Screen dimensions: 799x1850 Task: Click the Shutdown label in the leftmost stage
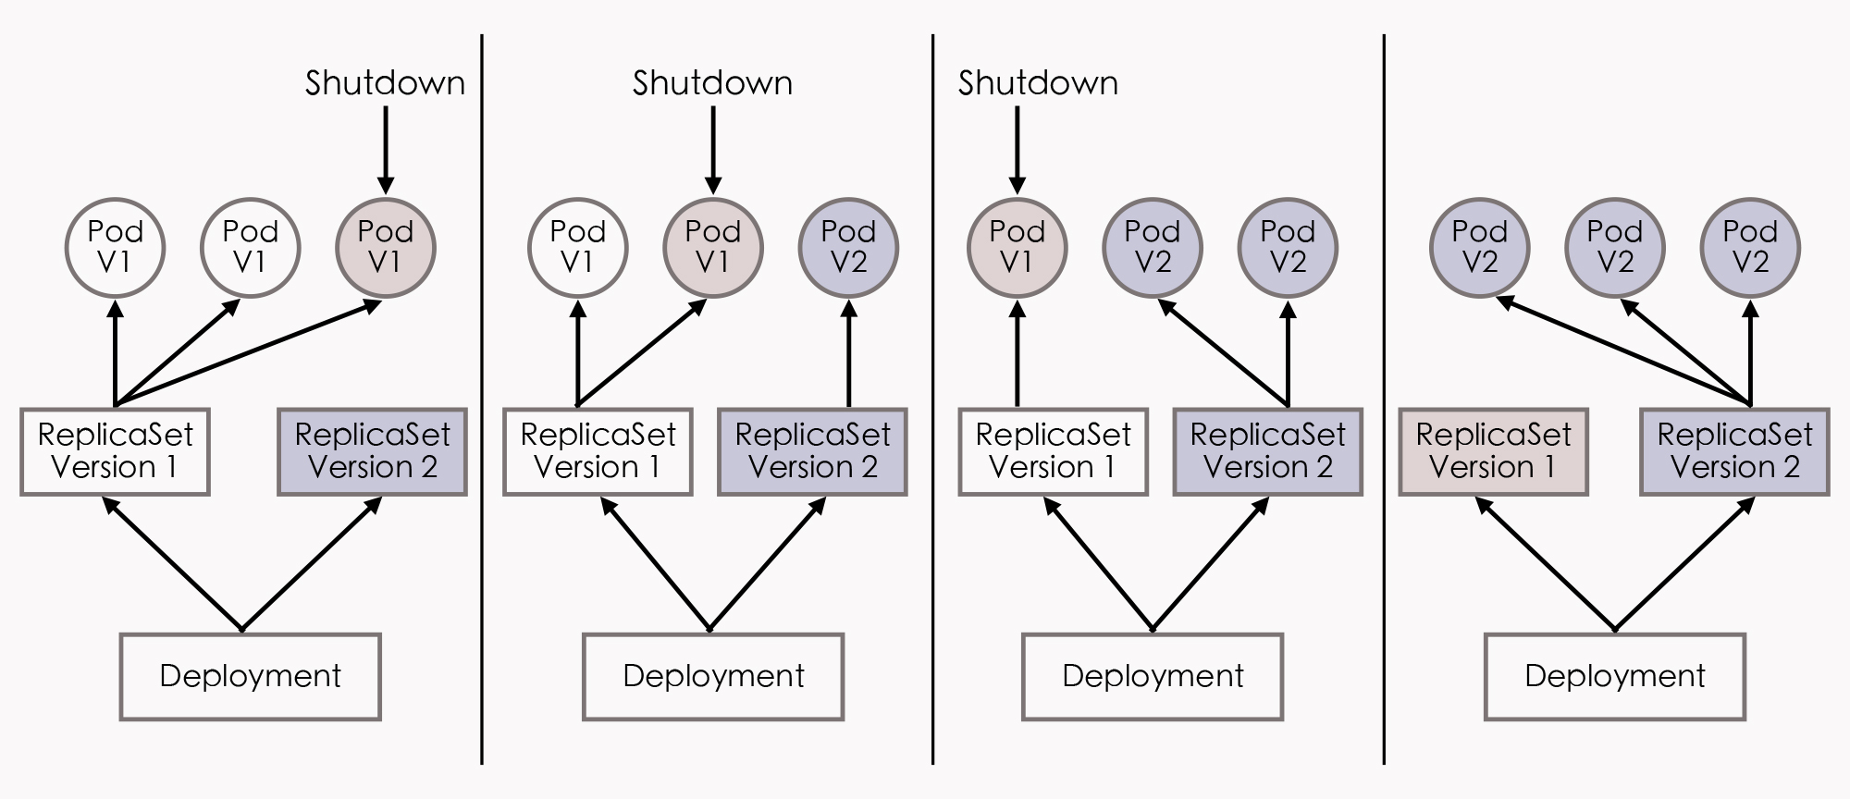pyautogui.click(x=385, y=83)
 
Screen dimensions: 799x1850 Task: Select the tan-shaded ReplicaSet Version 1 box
pyautogui.click(x=1493, y=451)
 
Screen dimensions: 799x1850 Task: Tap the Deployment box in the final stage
pyautogui.click(x=1614, y=676)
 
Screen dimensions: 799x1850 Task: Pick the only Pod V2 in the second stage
pyautogui.click(x=848, y=248)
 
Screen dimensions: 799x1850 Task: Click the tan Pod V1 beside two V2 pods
pyautogui.click(x=1017, y=248)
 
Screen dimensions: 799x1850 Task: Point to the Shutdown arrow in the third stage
pyautogui.click(x=1017, y=148)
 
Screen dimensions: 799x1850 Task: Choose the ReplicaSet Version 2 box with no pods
pyautogui.click(x=372, y=451)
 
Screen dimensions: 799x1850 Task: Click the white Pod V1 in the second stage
pyautogui.click(x=577, y=248)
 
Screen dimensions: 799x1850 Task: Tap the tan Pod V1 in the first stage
pyautogui.click(x=385, y=248)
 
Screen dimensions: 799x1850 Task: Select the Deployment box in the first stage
pyautogui.click(x=250, y=676)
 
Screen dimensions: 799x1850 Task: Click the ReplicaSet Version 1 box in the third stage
pyautogui.click(x=1053, y=451)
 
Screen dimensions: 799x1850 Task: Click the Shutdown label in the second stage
pyautogui.click(x=712, y=83)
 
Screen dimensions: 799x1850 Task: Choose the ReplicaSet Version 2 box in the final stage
pyautogui.click(x=1734, y=451)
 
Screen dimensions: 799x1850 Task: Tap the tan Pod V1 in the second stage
pyautogui.click(x=712, y=248)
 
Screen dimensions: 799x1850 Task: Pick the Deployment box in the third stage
pyautogui.click(x=1152, y=676)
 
